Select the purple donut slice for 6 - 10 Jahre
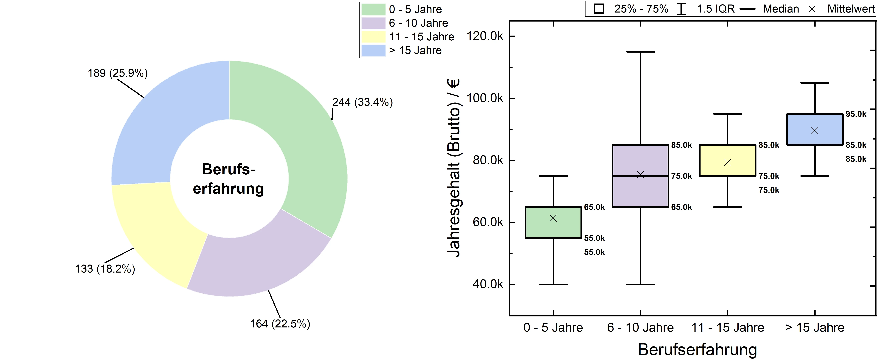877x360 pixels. [259, 262]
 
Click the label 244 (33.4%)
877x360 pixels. [363, 102]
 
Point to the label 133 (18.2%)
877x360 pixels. [105, 269]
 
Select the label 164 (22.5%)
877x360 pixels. [280, 324]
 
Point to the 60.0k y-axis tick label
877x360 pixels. [488, 222]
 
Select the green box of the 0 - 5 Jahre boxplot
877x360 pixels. [553, 228]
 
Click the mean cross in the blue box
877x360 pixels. [815, 131]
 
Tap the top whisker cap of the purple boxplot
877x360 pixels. [640, 52]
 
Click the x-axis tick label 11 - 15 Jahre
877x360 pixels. [728, 327]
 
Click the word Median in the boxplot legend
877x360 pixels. [781, 9]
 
